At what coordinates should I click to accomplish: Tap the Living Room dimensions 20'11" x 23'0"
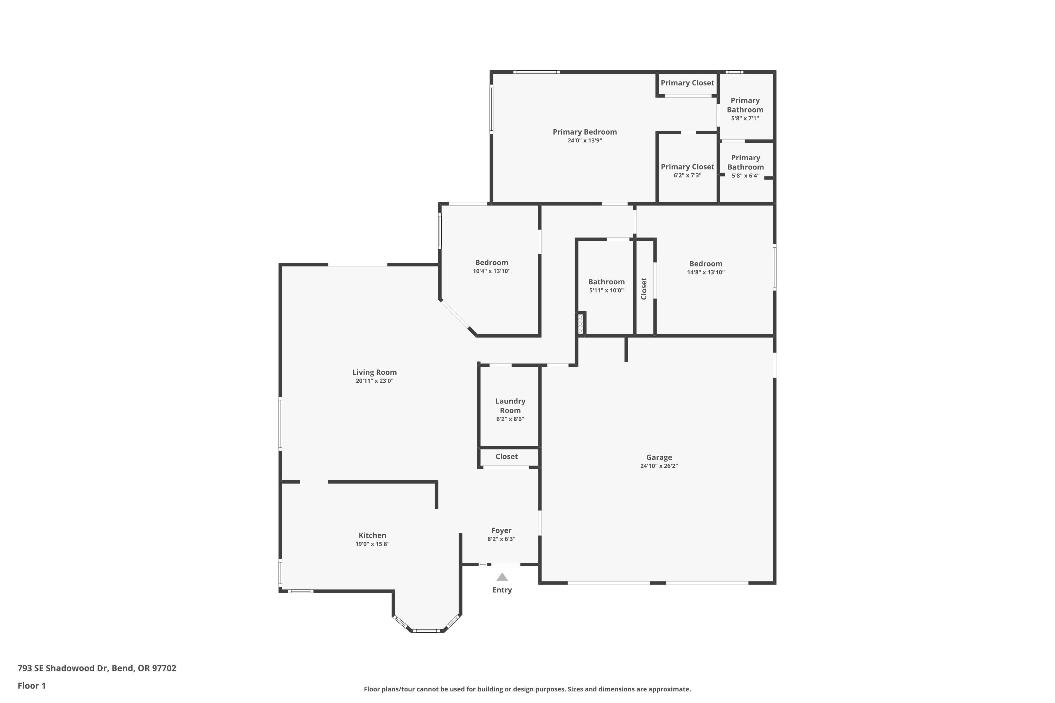tap(374, 381)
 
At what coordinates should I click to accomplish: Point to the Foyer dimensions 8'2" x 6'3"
tap(501, 539)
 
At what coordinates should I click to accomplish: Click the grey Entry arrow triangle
tap(502, 578)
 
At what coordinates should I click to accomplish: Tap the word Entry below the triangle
tap(502, 590)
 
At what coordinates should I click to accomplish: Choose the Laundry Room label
tap(510, 406)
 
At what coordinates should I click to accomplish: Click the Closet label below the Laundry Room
tap(506, 456)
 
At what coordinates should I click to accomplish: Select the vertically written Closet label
tap(644, 289)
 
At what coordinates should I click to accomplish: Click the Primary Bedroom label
tap(584, 132)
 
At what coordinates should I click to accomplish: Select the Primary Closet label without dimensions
tap(687, 83)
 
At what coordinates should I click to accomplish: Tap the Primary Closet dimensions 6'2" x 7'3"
tap(687, 175)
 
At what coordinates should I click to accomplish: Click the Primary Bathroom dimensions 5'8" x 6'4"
tap(745, 176)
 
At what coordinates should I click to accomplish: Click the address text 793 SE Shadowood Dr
tap(63, 668)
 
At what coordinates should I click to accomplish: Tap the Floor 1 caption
tap(31, 685)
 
